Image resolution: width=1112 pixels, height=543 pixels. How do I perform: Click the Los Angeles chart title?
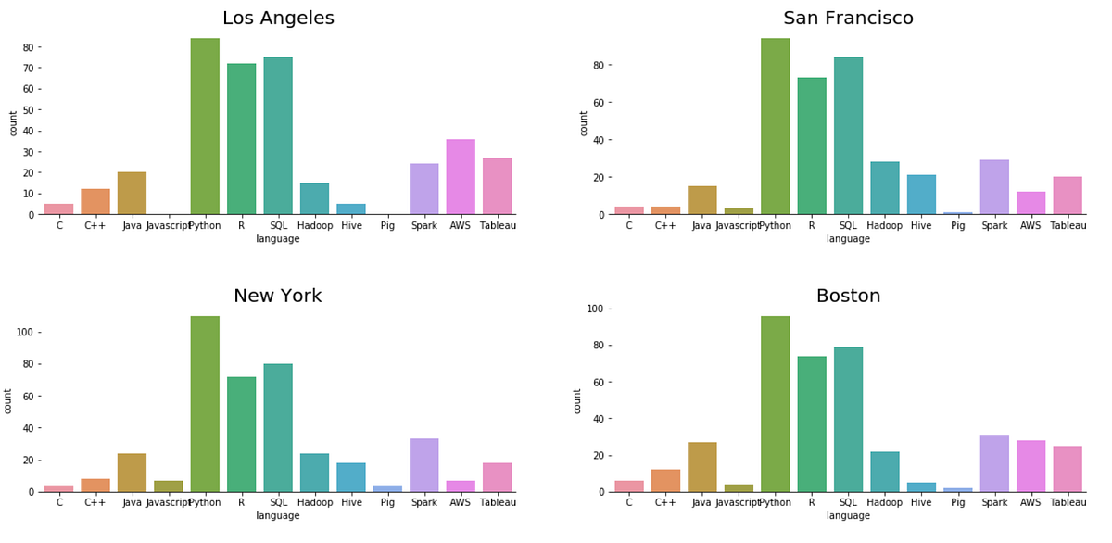(x=278, y=19)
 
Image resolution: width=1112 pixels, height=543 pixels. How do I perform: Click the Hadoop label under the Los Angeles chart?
(x=314, y=225)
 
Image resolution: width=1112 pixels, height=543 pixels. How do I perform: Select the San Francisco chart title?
(x=848, y=19)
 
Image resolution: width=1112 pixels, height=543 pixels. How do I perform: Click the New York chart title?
(x=278, y=297)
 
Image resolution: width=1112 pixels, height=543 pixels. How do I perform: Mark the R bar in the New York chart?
(x=241, y=435)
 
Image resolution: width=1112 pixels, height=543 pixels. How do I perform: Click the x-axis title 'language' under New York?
(x=278, y=515)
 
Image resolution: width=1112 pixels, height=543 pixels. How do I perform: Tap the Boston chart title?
(x=848, y=297)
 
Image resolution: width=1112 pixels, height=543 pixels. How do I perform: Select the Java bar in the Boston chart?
(x=701, y=467)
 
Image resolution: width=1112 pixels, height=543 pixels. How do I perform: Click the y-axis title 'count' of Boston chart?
(x=577, y=400)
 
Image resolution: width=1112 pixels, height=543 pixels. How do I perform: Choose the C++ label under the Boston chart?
(x=665, y=502)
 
